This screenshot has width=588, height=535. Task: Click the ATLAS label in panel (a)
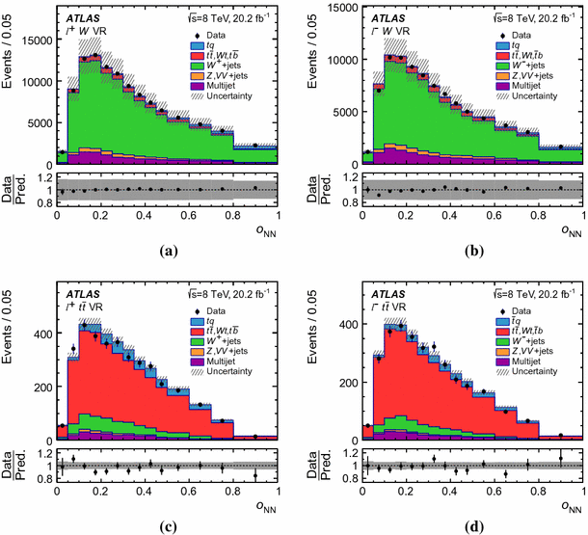83,17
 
